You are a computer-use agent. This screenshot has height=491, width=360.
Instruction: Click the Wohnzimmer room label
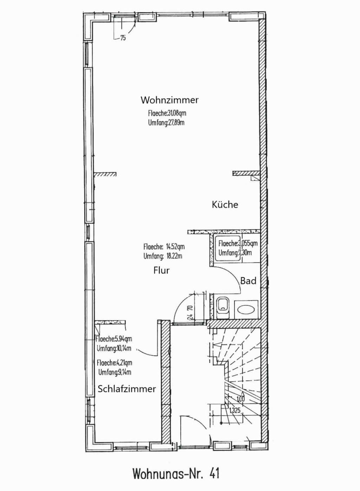pos(169,100)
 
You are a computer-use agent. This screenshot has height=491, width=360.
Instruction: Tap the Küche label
pos(225,205)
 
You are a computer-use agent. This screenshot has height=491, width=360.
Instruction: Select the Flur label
pos(161,270)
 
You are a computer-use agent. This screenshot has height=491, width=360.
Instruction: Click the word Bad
pos(248,281)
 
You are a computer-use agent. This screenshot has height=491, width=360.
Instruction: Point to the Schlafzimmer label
pos(127,389)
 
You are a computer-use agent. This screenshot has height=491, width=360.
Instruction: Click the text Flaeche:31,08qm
pos(167,113)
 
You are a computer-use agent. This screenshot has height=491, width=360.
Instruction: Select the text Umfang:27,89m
pos(166,123)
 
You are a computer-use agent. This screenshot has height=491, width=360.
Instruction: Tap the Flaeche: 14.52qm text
pos(164,247)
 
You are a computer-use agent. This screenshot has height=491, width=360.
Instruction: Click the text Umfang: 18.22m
pos(163,256)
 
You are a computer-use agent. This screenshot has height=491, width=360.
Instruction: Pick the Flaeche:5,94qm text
pos(114,339)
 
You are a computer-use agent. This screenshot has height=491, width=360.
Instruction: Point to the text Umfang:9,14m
pos(115,372)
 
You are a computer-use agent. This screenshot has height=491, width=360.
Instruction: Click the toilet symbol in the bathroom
pos(223,308)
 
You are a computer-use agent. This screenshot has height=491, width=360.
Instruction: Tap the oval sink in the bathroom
pos(246,309)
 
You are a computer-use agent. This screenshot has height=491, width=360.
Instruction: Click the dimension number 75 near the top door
pos(123,38)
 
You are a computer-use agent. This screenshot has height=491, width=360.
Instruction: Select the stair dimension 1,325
pos(234,410)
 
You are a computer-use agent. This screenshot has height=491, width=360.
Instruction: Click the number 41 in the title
pos(214,473)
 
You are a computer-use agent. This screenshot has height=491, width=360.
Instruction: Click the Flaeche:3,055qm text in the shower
pos(238,243)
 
